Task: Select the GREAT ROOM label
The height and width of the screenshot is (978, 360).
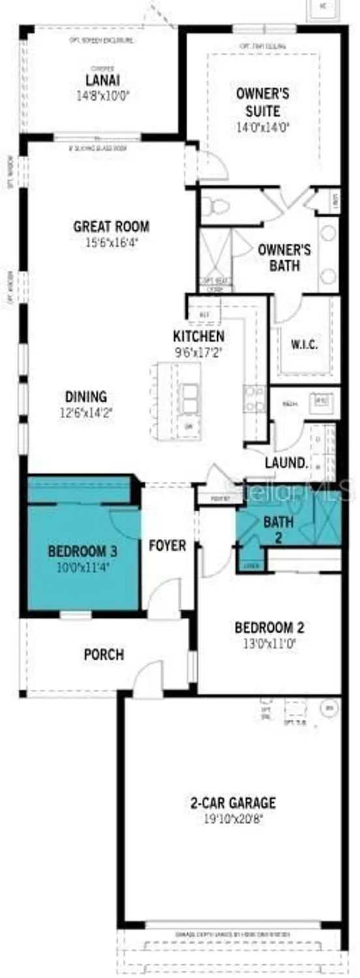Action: [111, 227]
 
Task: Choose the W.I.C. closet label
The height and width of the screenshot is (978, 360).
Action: [303, 345]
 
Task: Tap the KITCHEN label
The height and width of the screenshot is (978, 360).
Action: [199, 337]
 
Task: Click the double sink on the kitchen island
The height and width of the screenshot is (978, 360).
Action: [190, 398]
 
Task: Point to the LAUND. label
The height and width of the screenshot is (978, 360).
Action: [286, 464]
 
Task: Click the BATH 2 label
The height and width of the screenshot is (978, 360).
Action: [278, 522]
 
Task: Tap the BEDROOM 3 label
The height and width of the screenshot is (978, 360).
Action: [83, 552]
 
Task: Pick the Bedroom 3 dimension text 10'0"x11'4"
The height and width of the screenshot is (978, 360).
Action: [83, 567]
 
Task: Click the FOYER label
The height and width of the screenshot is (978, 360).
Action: [168, 545]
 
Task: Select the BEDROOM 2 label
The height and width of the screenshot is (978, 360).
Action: [269, 628]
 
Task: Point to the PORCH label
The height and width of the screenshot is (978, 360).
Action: [104, 654]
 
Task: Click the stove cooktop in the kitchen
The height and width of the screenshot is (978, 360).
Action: [254, 399]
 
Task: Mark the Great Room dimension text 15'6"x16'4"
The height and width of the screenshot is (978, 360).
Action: [111, 243]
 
